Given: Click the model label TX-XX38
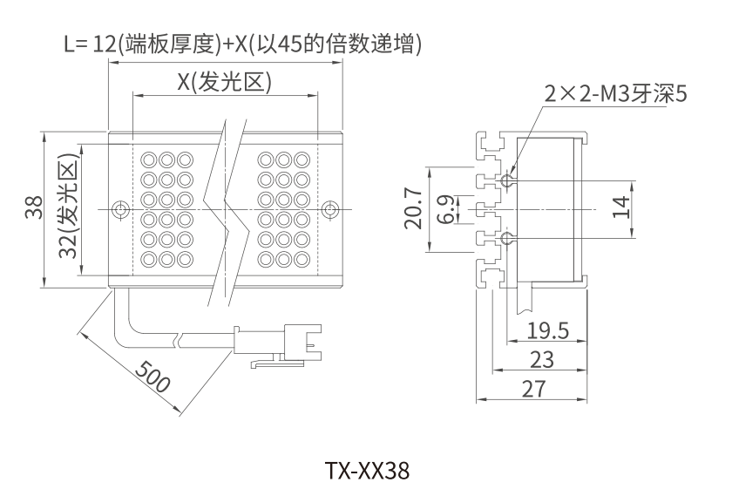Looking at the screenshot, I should point(366,472).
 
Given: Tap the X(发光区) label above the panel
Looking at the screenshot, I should point(226,82).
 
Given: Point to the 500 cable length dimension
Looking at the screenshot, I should point(153,376).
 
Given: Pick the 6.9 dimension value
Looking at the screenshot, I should point(445,210).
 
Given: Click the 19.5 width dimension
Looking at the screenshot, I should point(548,330).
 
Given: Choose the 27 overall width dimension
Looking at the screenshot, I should point(532,389).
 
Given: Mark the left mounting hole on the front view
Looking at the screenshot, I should point(121,210).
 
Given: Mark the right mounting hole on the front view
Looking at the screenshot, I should point(329,210).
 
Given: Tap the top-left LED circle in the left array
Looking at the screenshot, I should point(148,160).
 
